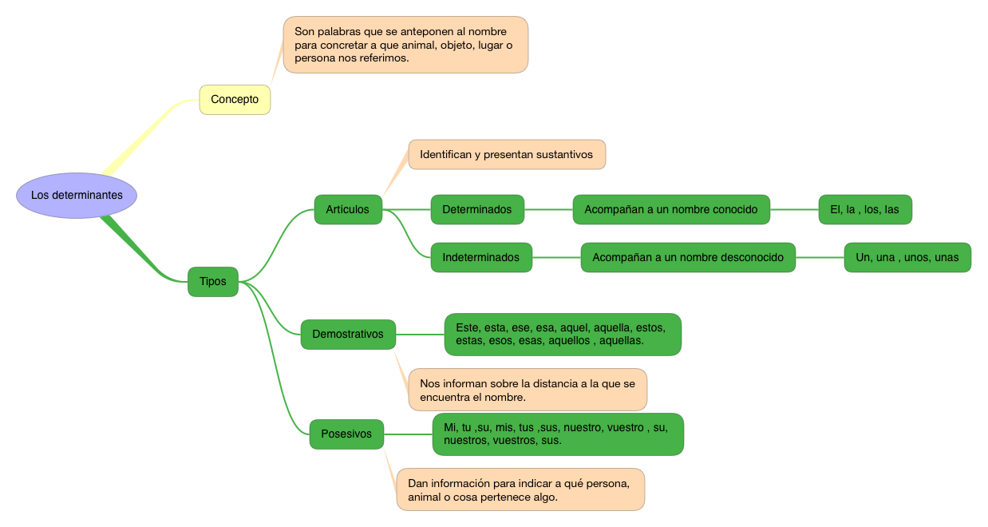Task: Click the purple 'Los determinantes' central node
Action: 77,196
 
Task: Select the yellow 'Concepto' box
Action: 235,100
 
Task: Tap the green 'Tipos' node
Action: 213,282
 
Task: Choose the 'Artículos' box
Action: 348,210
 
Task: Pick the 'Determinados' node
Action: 477,210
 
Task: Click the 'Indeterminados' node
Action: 481,258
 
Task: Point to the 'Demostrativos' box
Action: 348,335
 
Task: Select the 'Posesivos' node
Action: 346,434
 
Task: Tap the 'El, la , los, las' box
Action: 864,210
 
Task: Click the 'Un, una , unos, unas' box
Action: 907,258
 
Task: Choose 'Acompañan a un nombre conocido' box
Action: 671,210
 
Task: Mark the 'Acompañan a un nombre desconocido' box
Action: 688,258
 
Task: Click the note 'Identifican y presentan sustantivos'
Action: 507,155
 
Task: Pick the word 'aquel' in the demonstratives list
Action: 575,328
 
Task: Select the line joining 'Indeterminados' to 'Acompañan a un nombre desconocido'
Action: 556,258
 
